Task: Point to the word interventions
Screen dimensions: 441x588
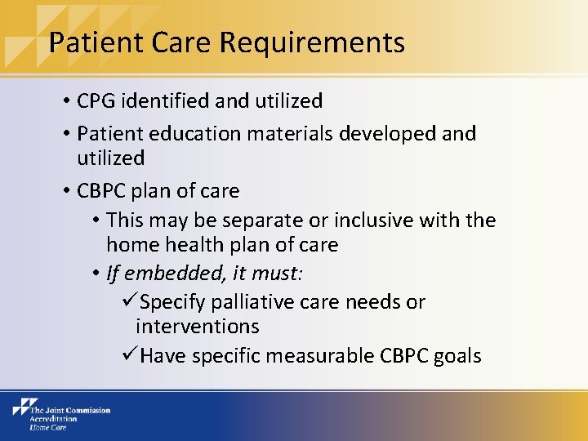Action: click(x=198, y=327)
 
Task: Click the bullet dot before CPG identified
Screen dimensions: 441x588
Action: click(x=65, y=102)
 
